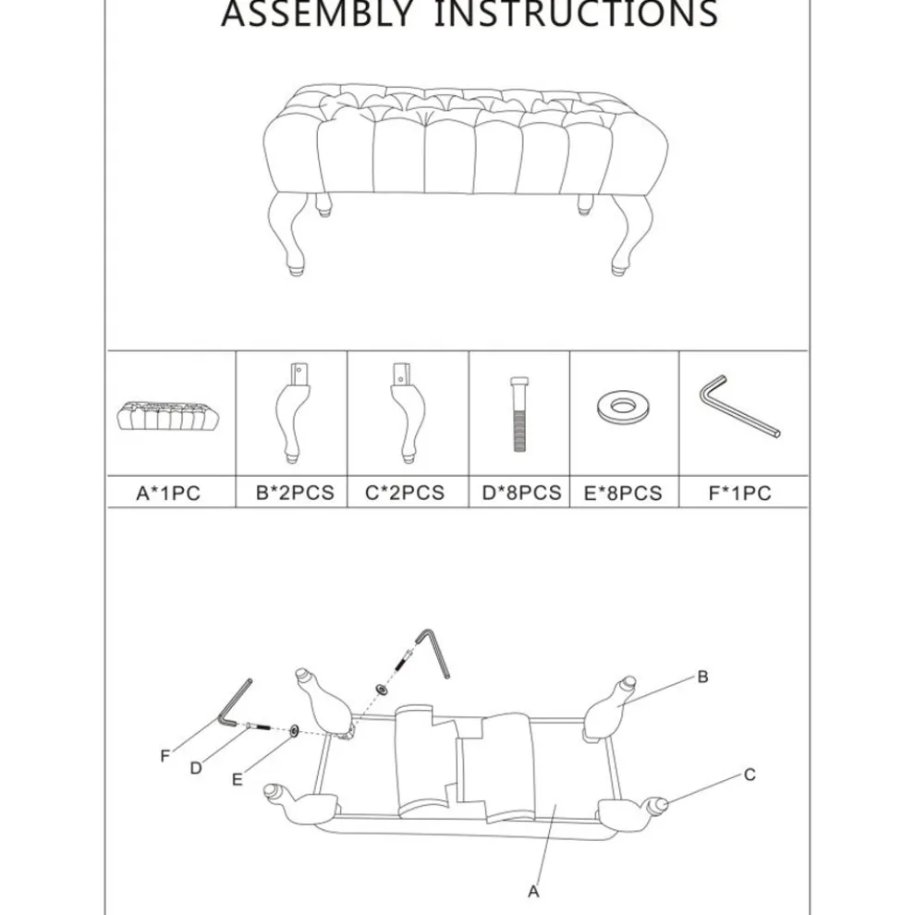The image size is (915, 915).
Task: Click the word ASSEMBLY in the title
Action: [x=317, y=13]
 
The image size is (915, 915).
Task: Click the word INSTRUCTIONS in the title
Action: [x=576, y=13]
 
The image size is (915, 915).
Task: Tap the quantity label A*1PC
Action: [x=168, y=494]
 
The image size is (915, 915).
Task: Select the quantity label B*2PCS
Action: [x=295, y=494]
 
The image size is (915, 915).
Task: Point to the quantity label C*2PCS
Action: [x=405, y=494]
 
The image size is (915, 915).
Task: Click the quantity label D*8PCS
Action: [x=521, y=494]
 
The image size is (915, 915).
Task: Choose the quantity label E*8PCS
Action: [x=623, y=494]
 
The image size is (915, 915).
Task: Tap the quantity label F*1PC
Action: [x=740, y=494]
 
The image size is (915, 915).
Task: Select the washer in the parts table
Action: [x=623, y=407]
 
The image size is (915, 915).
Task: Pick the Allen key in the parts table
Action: [x=739, y=406]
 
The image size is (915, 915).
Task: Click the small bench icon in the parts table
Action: [x=168, y=416]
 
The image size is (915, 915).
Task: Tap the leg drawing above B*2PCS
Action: [x=292, y=413]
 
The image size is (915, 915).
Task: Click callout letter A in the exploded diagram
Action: [x=533, y=892]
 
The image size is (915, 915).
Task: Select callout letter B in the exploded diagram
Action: [x=702, y=677]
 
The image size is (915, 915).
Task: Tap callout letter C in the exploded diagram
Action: [x=750, y=775]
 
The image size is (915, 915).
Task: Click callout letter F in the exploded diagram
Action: [x=165, y=756]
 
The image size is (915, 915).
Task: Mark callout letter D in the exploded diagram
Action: [x=196, y=768]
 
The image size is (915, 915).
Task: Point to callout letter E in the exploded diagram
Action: [x=237, y=780]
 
